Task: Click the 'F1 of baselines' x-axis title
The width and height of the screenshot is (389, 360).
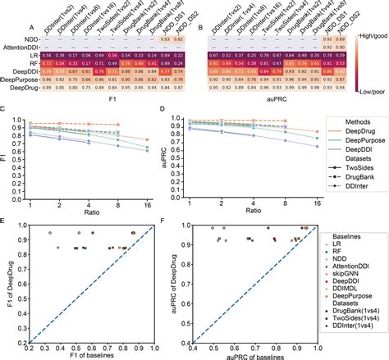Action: coord(100,354)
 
